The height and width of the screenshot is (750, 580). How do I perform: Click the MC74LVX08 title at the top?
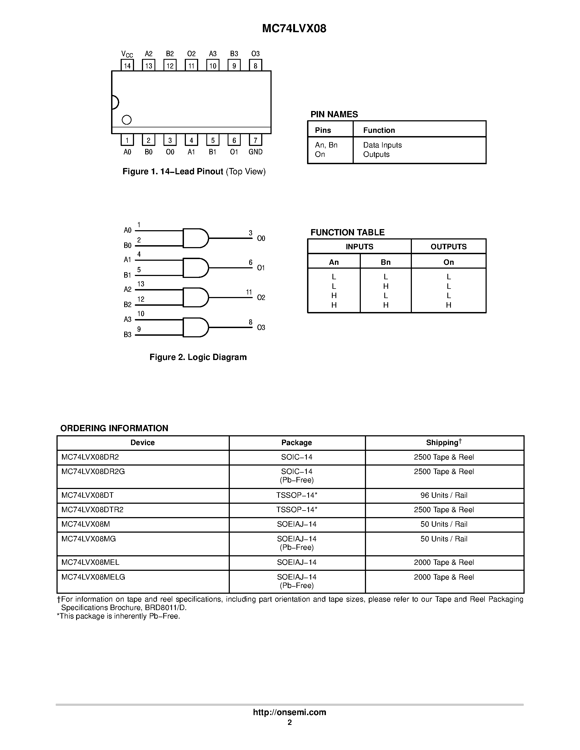(x=294, y=29)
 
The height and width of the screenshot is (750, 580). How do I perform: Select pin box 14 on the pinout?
(x=127, y=65)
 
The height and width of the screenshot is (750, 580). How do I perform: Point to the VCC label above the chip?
(x=127, y=54)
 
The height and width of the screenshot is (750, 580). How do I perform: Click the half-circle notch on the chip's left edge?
(x=115, y=102)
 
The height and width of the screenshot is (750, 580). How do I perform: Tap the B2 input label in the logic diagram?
(x=127, y=305)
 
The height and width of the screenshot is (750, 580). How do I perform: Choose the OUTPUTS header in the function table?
(x=448, y=247)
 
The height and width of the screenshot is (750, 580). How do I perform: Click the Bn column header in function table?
(x=385, y=262)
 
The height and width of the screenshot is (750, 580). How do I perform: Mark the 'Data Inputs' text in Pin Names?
(x=382, y=145)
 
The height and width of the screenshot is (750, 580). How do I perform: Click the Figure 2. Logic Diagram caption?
(x=198, y=357)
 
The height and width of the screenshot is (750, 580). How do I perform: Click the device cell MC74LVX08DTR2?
(x=93, y=510)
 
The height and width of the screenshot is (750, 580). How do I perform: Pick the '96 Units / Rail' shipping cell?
(x=444, y=495)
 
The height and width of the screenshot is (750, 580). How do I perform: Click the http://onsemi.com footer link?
(x=289, y=712)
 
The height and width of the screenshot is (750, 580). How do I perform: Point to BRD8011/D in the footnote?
(x=166, y=607)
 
